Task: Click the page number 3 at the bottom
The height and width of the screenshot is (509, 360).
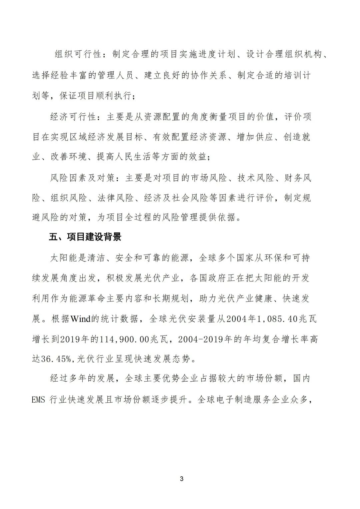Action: pos(182,479)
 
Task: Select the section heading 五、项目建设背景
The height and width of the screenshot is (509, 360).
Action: pos(85,237)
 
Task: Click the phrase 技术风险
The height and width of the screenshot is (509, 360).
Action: pos(255,178)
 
